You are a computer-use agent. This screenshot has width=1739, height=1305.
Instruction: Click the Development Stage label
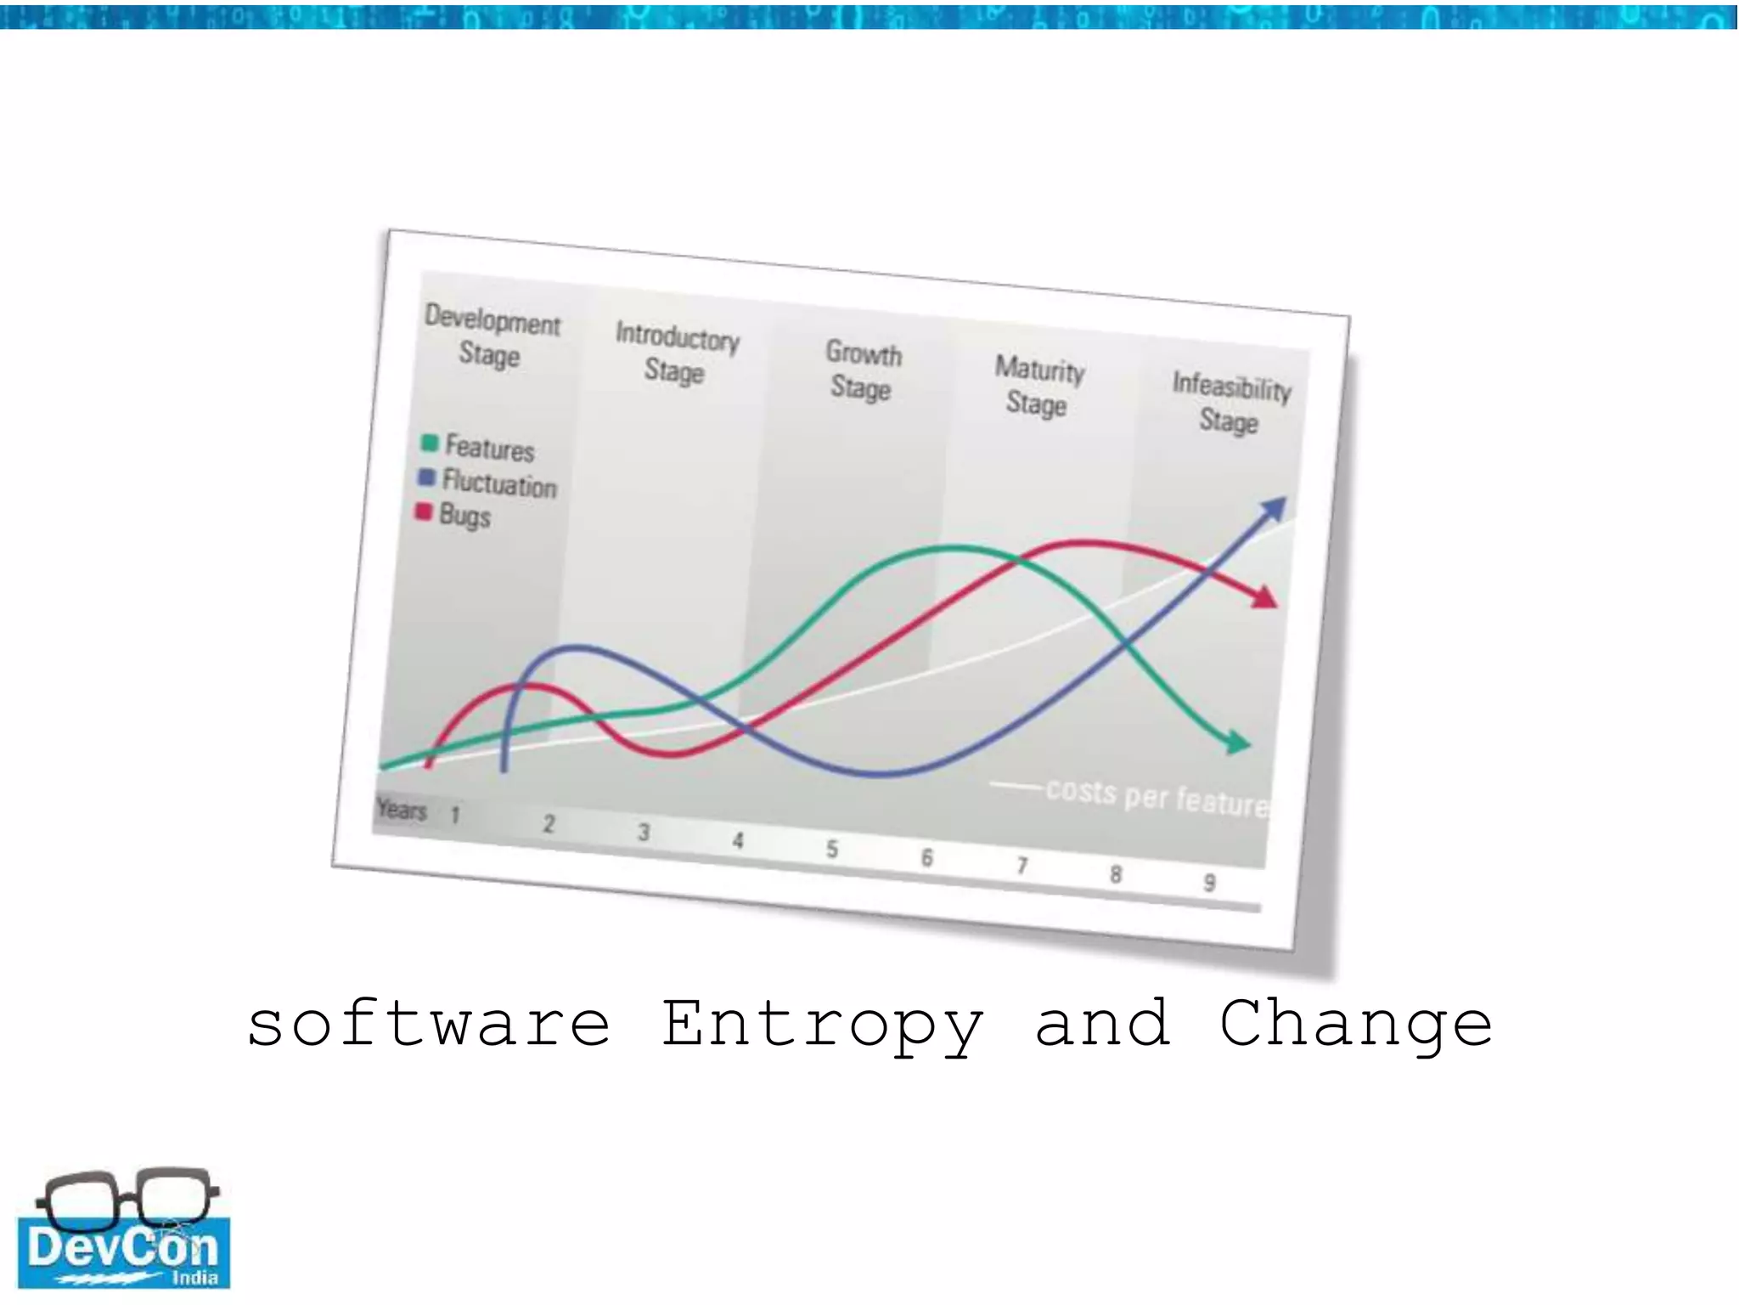pyautogui.click(x=492, y=336)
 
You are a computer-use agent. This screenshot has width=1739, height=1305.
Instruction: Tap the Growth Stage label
pyautogui.click(x=863, y=370)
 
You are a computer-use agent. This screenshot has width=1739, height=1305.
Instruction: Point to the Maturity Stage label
pyautogui.click(x=1038, y=387)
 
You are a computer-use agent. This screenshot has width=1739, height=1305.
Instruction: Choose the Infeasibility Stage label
pyautogui.click(x=1230, y=403)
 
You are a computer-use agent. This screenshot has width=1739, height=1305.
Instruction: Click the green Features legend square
pyautogui.click(x=430, y=443)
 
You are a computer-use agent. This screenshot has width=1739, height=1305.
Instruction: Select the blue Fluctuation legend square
pyautogui.click(x=427, y=477)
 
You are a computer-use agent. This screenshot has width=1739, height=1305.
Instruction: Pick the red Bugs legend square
pyautogui.click(x=424, y=511)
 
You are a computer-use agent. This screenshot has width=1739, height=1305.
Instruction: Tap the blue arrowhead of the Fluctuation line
pyautogui.click(x=1273, y=509)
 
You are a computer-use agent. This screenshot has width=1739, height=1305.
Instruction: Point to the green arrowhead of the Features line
pyautogui.click(x=1239, y=743)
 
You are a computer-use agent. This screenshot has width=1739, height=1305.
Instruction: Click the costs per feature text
pyautogui.click(x=1157, y=797)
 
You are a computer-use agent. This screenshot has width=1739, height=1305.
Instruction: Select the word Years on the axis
pyautogui.click(x=402, y=809)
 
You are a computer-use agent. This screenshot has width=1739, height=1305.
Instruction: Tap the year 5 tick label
pyautogui.click(x=832, y=849)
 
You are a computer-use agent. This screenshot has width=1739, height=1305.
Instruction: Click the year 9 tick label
pyautogui.click(x=1209, y=883)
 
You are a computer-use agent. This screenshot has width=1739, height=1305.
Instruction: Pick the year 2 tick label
pyautogui.click(x=549, y=823)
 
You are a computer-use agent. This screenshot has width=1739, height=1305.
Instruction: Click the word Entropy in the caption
pyautogui.click(x=822, y=1025)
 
